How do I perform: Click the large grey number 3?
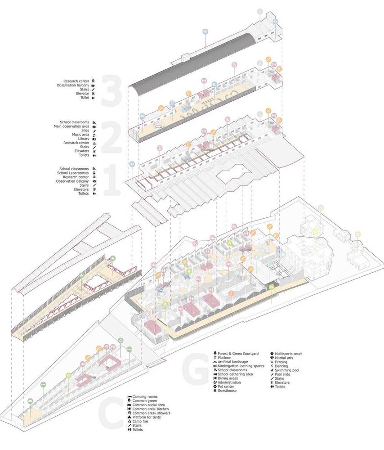[112, 90]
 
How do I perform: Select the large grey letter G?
[195, 368]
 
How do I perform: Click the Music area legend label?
[80, 135]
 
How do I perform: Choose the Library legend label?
[84, 139]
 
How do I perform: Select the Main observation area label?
[71, 126]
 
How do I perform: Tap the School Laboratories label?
[73, 173]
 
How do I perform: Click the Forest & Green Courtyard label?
[238, 354]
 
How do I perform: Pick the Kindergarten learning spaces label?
[241, 366]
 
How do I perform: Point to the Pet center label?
[226, 387]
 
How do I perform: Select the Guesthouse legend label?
[227, 391]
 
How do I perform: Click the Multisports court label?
[288, 354]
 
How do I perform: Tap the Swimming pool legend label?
[287, 370]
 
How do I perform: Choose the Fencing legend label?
[281, 362]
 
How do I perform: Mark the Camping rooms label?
[145, 396]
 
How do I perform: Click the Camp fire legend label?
[140, 421]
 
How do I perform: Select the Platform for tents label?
[147, 417]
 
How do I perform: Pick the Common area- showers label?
[151, 413]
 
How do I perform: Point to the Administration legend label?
[229, 382]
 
